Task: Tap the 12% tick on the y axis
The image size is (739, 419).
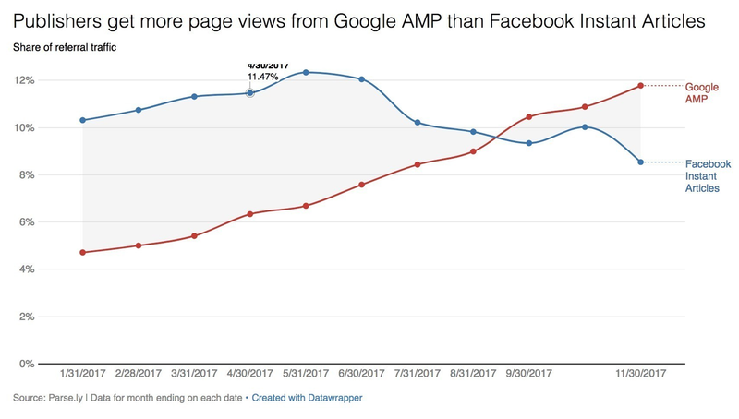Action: click(x=23, y=80)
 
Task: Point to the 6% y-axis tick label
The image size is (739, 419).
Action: click(x=25, y=222)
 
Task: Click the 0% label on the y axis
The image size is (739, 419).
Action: click(x=25, y=364)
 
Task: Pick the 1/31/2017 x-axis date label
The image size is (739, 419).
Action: click(x=83, y=374)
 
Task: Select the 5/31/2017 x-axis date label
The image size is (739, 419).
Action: click(x=305, y=374)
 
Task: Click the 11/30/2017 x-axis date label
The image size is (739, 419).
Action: click(x=640, y=374)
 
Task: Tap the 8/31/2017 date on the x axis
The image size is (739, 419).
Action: click(x=472, y=374)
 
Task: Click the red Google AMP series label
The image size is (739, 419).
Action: click(x=701, y=91)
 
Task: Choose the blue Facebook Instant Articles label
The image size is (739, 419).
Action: click(x=701, y=175)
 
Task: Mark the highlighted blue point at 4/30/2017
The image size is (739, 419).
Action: click(x=249, y=92)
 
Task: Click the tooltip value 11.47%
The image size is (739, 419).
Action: click(x=268, y=78)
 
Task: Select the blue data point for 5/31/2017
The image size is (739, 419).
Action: click(x=305, y=72)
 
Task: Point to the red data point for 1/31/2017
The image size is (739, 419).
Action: click(x=83, y=252)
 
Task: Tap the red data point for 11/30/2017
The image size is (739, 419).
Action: click(x=640, y=86)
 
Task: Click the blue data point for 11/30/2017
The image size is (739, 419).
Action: click(x=640, y=162)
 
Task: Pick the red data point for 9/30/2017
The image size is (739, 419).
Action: click(x=528, y=116)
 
